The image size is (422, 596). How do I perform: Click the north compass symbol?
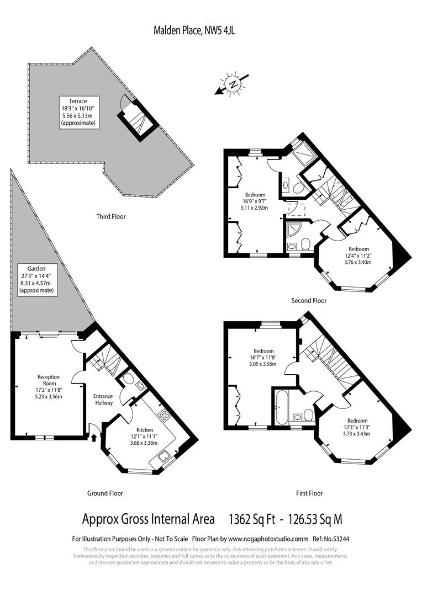(x=234, y=85)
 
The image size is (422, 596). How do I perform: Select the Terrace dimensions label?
(x=81, y=112)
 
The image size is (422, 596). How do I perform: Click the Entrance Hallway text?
(x=103, y=400)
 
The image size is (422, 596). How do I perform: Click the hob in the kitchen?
(x=164, y=414)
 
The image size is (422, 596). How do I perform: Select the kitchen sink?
(x=164, y=456)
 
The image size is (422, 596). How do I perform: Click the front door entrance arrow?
(x=93, y=438)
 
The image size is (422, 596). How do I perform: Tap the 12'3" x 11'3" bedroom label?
(x=357, y=427)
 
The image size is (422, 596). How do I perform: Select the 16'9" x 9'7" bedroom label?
(x=255, y=201)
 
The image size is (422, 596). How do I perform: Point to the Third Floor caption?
(x=110, y=217)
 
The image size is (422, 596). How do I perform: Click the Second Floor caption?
(x=309, y=301)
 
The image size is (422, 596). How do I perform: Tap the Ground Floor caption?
(x=105, y=493)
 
